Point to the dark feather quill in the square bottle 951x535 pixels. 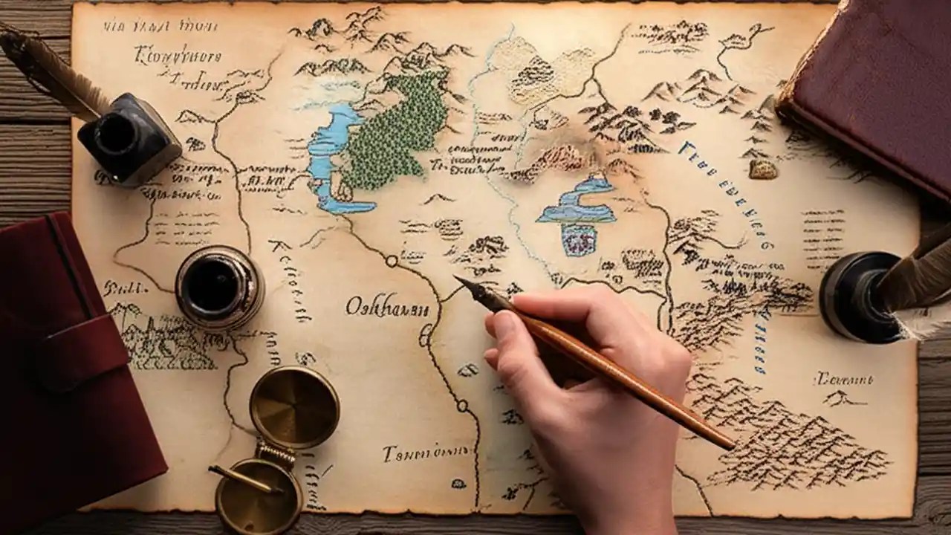[x=52, y=71]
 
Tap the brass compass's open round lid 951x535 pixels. [x=293, y=406]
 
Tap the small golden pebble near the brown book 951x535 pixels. [x=763, y=169]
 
